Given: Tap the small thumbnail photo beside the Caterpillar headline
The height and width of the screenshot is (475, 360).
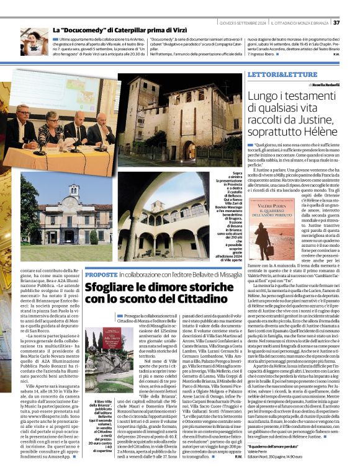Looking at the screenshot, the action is coord(34,42).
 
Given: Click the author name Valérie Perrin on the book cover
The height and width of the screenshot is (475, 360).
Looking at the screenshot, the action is coord(272,202).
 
